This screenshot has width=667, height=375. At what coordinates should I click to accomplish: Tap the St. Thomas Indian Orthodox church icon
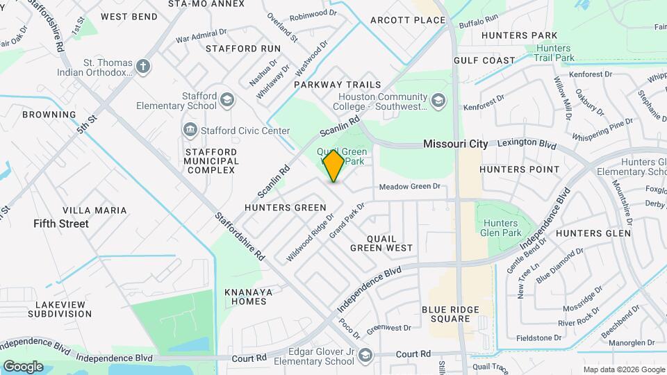click(x=143, y=67)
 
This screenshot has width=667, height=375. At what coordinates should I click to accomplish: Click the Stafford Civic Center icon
click(x=190, y=130)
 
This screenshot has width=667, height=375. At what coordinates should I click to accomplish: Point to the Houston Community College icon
click(x=438, y=101)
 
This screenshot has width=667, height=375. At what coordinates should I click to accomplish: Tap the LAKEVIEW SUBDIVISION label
click(x=60, y=309)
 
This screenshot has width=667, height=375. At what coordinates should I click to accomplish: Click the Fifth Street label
click(x=61, y=224)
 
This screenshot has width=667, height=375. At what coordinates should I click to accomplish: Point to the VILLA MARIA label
click(x=94, y=210)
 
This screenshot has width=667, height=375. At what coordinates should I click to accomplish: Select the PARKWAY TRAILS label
click(x=338, y=84)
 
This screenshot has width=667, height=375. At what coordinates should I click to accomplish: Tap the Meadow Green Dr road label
click(x=410, y=186)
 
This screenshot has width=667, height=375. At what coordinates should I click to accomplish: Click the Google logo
click(x=23, y=366)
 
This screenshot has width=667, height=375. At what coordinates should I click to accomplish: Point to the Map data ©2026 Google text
click(x=623, y=369)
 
